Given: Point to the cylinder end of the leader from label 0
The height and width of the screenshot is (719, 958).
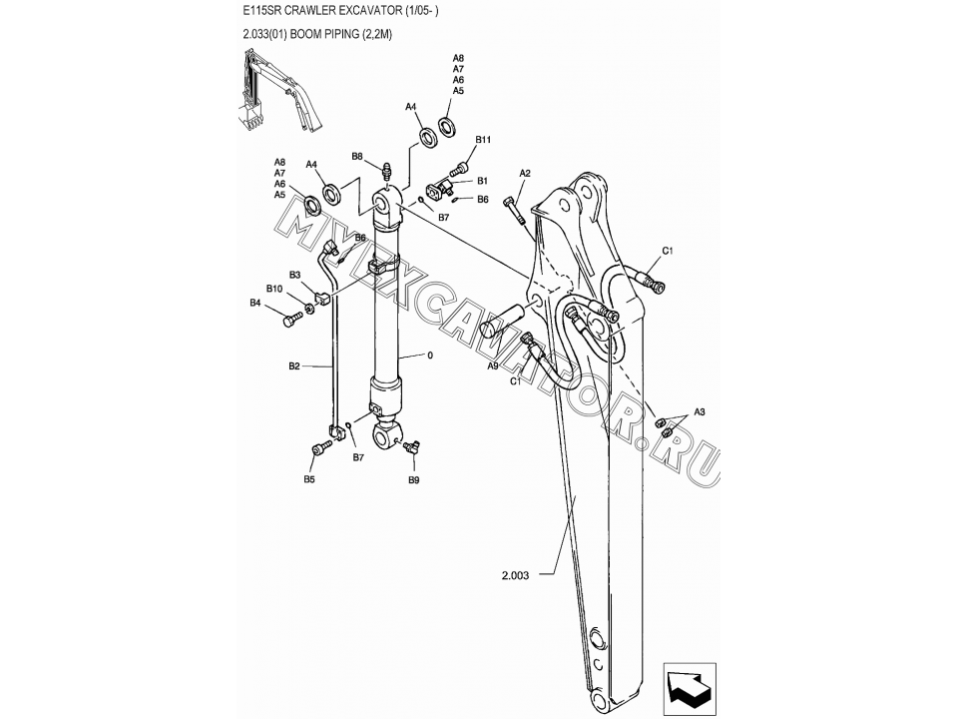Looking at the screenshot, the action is [398, 358].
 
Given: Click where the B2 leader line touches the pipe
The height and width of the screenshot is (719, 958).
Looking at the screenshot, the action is [333, 366].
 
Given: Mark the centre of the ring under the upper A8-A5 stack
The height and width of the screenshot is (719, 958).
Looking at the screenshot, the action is [448, 126].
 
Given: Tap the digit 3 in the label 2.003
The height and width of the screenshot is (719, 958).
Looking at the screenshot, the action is [526, 575].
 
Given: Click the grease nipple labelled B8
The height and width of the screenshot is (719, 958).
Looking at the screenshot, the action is [387, 171].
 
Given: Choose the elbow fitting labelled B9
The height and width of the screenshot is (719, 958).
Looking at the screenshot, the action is [410, 447].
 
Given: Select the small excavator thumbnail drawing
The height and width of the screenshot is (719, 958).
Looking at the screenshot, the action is [278, 92].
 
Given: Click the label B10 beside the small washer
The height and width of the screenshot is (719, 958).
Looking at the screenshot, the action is [274, 289].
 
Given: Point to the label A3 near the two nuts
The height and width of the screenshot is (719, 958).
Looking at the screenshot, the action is [700, 412].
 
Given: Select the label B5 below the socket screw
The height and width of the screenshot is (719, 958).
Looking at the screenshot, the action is [309, 479].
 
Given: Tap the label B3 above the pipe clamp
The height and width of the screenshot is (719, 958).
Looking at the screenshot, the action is [295, 276].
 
